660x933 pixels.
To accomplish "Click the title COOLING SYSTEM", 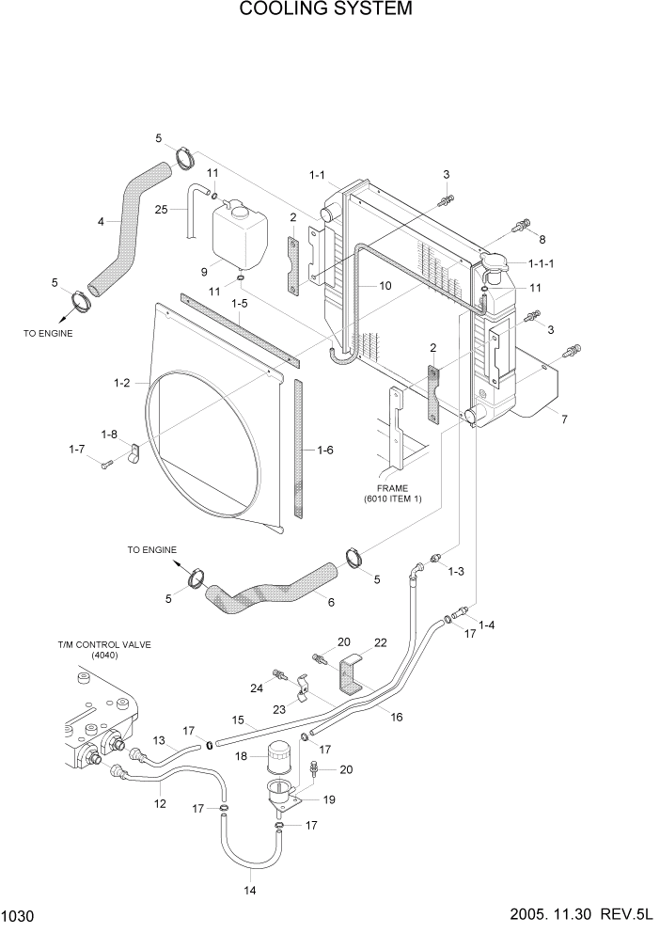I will [x=325, y=10].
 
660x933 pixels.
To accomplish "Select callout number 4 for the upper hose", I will [x=102, y=222].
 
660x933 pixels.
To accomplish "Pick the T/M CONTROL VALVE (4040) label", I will [x=104, y=650].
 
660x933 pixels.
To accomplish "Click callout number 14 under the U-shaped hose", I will [x=251, y=888].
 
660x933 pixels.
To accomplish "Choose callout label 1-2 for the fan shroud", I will [x=121, y=383].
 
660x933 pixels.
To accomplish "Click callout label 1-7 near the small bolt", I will [x=76, y=451].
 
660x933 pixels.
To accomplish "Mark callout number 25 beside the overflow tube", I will [x=161, y=209].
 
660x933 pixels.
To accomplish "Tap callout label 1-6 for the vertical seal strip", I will [x=324, y=451].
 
